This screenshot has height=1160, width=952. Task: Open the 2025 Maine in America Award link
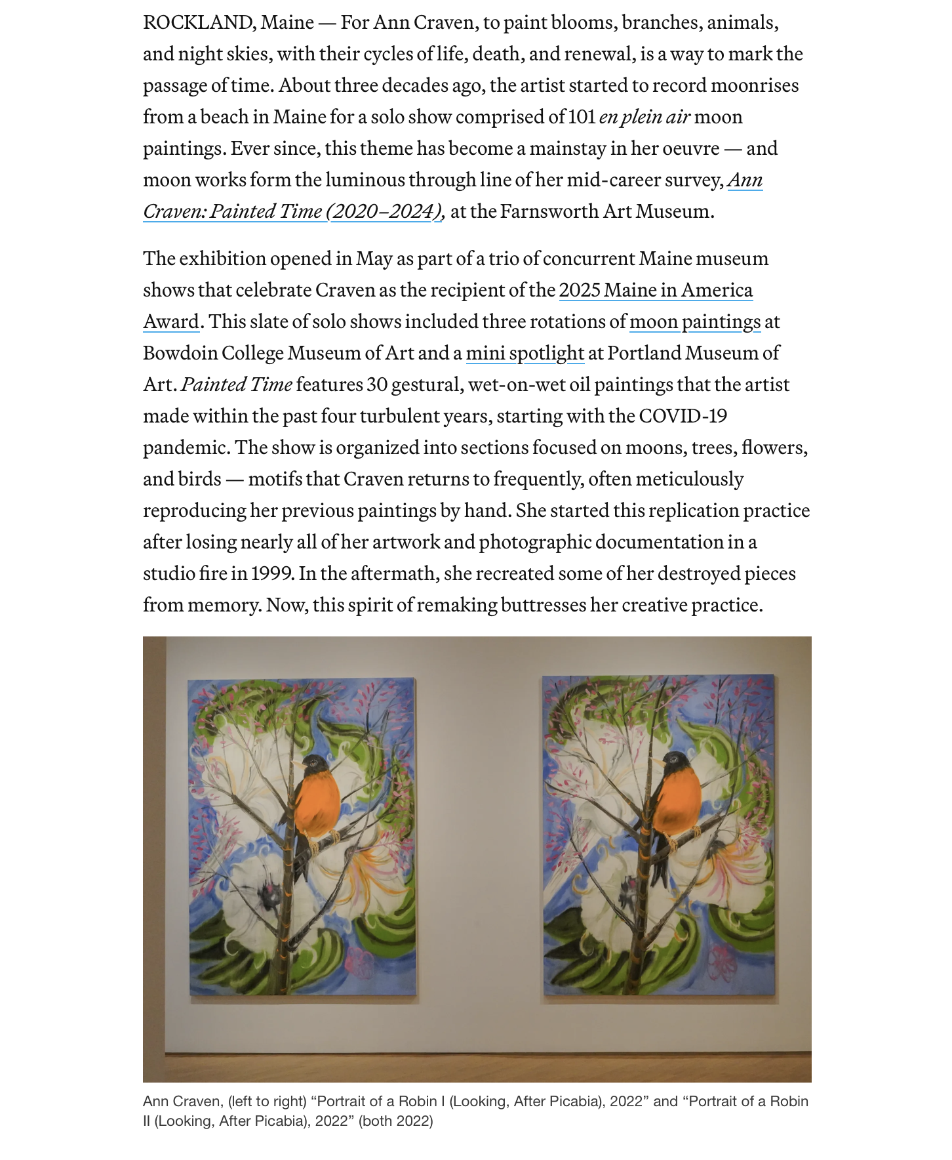pyautogui.click(x=655, y=290)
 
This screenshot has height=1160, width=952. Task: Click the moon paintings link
pyautogui.click(x=694, y=321)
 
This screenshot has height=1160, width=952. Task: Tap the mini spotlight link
pyautogui.click(x=525, y=353)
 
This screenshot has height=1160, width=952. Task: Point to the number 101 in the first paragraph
pyautogui.click(x=581, y=117)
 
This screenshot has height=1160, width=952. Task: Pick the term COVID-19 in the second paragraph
pyautogui.click(x=683, y=416)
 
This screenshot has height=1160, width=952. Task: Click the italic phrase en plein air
pyautogui.click(x=644, y=117)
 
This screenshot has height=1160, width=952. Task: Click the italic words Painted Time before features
pyautogui.click(x=237, y=384)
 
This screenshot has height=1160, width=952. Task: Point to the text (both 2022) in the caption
pyautogui.click(x=395, y=1121)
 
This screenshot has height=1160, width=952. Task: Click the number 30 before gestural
pyautogui.click(x=376, y=384)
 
